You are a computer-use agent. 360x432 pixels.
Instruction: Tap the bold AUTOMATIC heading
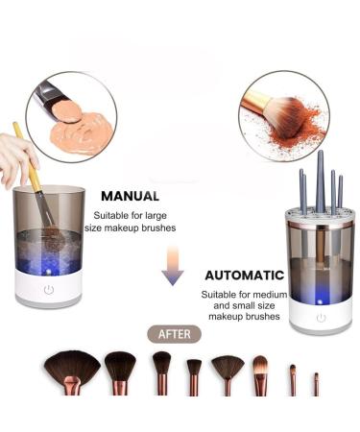pyautogui.click(x=243, y=274)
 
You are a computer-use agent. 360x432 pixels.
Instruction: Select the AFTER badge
pyautogui.click(x=173, y=335)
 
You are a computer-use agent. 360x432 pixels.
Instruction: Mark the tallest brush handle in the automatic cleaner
pyautogui.click(x=320, y=182)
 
